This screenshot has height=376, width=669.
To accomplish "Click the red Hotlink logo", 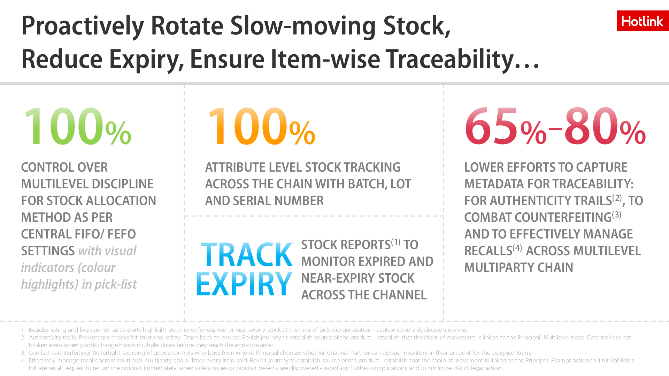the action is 643,21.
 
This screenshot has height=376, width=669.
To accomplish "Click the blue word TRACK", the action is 247,255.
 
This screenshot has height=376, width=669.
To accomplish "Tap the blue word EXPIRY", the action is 244,284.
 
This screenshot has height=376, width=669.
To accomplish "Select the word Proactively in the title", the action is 83,26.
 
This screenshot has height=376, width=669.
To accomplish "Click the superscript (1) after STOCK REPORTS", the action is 396,242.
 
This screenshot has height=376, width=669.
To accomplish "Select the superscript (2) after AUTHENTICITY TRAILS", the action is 617,198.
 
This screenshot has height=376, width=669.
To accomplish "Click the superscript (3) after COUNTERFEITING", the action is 617,214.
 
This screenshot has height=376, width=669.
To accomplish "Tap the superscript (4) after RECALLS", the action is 517,248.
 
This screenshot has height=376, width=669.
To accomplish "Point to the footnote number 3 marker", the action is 23,353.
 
